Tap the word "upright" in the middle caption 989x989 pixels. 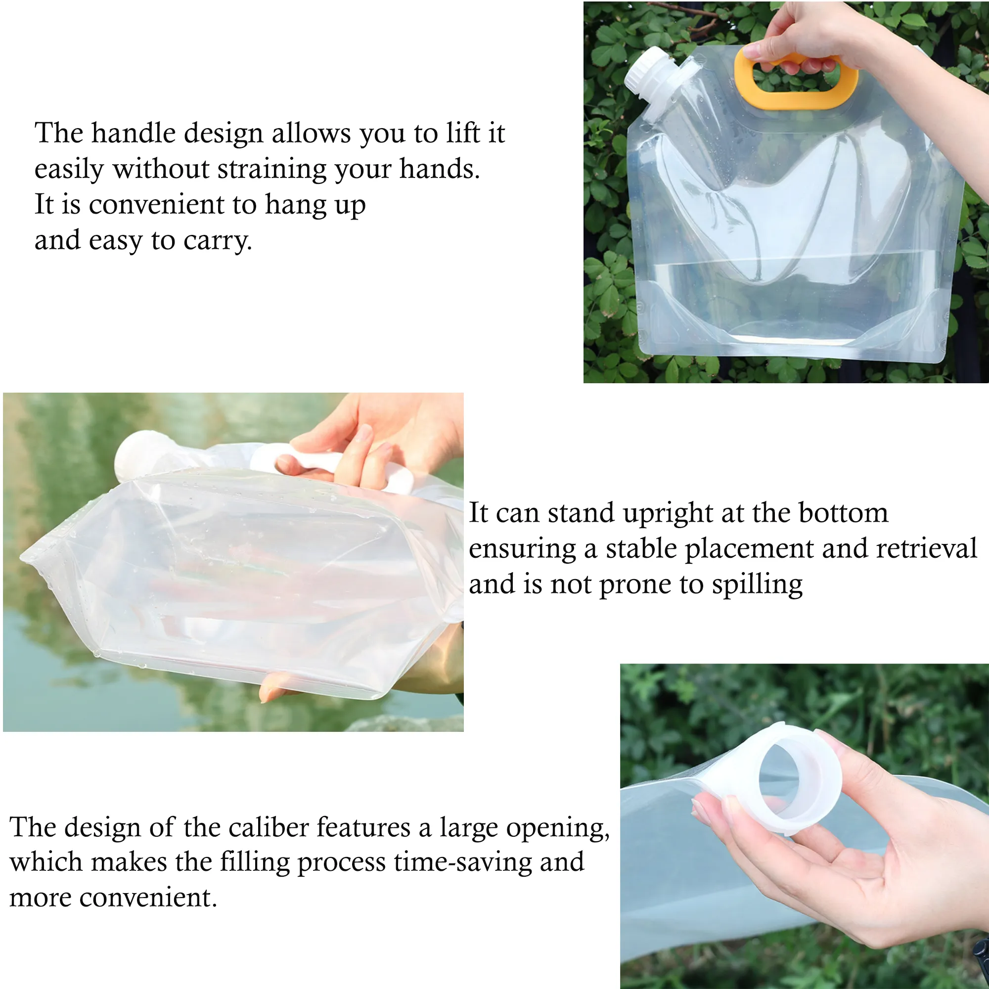point(668,513)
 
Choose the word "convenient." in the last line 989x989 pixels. point(148,898)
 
